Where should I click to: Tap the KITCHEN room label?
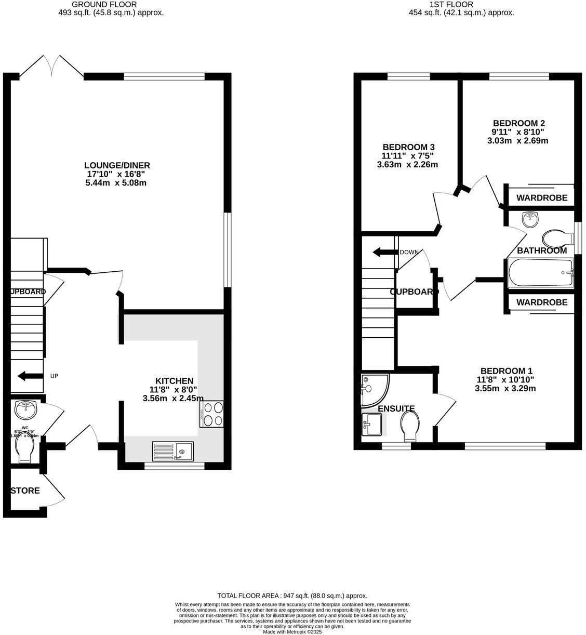tap(175, 381)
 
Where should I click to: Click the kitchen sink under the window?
tap(172, 451)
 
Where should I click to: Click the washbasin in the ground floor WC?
tap(25, 410)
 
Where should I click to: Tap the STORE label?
tap(25, 491)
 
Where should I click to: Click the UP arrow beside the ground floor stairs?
tap(30, 376)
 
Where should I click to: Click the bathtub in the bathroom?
tap(540, 273)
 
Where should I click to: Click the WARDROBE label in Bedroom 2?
tap(541, 198)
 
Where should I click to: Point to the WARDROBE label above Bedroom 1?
tap(541, 302)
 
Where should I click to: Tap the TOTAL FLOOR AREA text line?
tap(292, 596)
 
